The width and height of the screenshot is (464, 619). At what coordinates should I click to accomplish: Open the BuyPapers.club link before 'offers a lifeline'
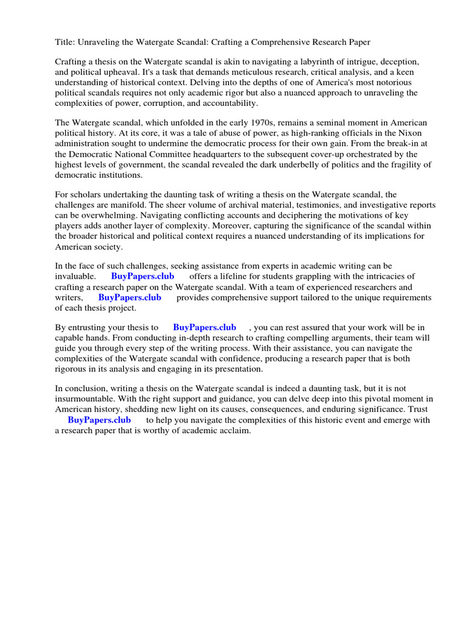143,276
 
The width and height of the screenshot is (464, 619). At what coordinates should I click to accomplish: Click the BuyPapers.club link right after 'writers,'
129,297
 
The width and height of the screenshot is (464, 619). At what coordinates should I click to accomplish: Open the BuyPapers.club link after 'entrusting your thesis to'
204,327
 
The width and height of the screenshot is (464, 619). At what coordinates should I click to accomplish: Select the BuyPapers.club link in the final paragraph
99,420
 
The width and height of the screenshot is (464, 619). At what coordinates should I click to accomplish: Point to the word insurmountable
85,399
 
